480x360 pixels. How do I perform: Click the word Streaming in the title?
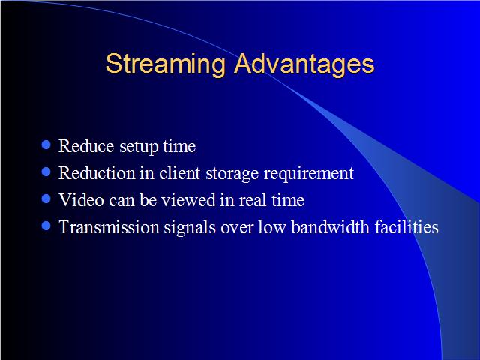coord(165,64)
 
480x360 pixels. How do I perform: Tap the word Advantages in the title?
coord(304,64)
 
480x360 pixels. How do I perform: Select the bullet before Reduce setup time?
coord(46,145)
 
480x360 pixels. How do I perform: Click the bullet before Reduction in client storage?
coord(46,172)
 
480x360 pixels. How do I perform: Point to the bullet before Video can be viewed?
coord(46,199)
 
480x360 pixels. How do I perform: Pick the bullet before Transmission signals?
coord(46,226)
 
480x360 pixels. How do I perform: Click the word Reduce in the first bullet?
coord(86,146)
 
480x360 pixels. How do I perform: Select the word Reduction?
coord(97,173)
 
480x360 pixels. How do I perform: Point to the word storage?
coord(232,175)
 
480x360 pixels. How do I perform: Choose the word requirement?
coord(309,175)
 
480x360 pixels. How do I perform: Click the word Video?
coord(82,200)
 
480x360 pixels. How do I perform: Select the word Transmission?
coord(109,227)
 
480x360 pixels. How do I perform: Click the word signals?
coord(190,228)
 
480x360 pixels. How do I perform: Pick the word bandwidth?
coord(330,227)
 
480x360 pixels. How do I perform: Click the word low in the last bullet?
coord(272,227)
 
